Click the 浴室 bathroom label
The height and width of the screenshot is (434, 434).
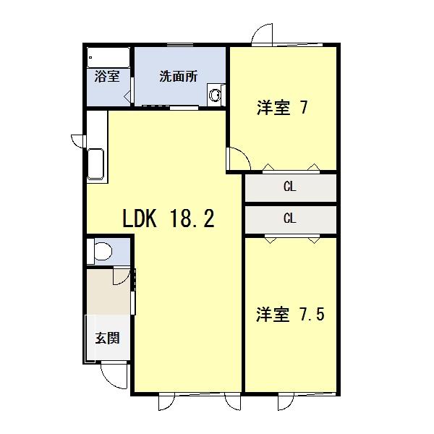tap(107, 76)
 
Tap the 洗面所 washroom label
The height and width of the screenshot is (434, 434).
tap(178, 76)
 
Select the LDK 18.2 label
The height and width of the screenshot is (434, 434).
tap(167, 218)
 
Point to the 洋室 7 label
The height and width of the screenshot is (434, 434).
tap(282, 109)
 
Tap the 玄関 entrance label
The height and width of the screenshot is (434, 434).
tap(107, 338)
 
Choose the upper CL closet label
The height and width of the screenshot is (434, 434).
tap(289, 187)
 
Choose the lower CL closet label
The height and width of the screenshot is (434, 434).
tap(289, 218)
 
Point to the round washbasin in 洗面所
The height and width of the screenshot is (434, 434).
tap(215, 94)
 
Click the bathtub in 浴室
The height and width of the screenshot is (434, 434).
tap(108, 56)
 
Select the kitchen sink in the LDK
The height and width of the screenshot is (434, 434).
tap(96, 166)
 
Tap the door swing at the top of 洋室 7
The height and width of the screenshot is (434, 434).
tap(261, 36)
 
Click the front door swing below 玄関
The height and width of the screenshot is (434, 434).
tap(112, 373)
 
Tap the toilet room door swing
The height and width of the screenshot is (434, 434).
tap(123, 276)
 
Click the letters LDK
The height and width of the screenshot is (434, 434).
tap(142, 218)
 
